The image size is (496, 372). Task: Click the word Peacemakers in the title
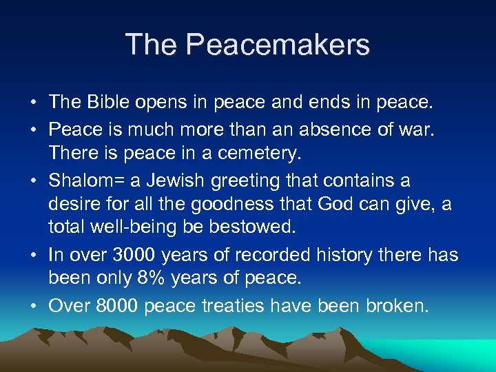[x=278, y=45]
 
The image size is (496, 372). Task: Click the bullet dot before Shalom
[x=34, y=182]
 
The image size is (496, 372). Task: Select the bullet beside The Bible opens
[x=34, y=104]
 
